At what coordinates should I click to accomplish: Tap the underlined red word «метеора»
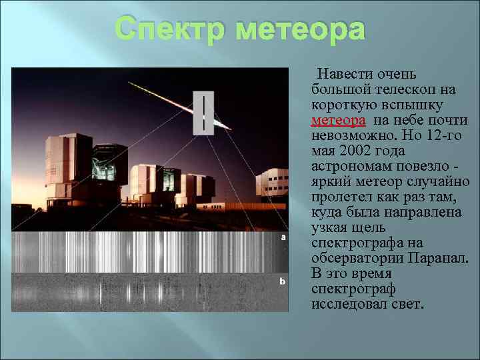coord(338,121)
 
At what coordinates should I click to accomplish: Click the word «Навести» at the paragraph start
coord(347,74)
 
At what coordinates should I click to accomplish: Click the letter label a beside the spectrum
coord(283,237)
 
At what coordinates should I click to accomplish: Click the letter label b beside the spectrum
coord(283,283)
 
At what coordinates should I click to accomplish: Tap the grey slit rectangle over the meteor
coord(203,113)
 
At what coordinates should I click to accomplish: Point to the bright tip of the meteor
coord(227,127)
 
